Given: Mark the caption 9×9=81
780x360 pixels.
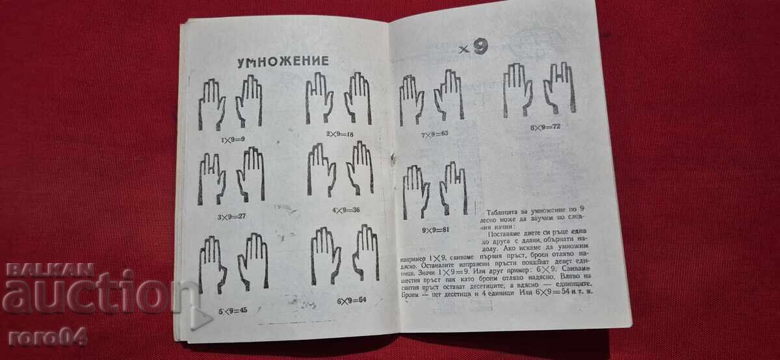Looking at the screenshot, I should pos(434,229).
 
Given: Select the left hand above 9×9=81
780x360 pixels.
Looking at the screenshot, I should pos(415,191).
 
